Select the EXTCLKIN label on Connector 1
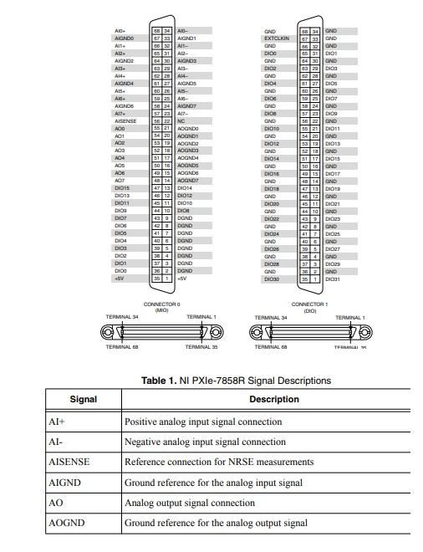pos(276,38)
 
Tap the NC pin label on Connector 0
pos(181,121)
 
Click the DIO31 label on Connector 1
pos(333,279)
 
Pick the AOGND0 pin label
pos(188,129)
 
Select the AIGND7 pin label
pos(187,106)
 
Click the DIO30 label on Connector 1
pos(272,279)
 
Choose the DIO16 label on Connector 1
pos(272,173)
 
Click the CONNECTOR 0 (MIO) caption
pos(161,307)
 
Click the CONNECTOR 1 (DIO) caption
pos(308,307)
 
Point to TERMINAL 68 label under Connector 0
pos(122,346)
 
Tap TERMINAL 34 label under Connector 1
pos(269,318)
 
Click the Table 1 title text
pos(236,381)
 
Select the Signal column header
pos(83,400)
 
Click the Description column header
pos(273,400)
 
